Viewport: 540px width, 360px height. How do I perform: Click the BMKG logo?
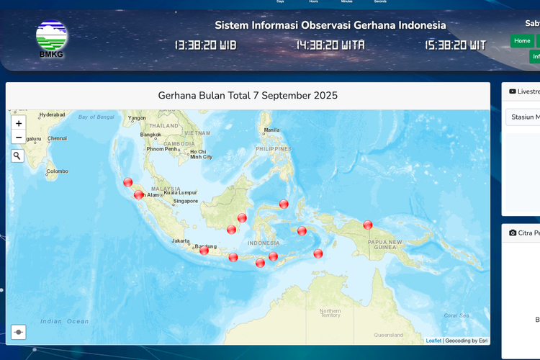(x=52, y=39)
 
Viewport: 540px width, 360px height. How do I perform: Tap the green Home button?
(x=522, y=41)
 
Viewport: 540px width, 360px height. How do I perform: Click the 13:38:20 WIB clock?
(x=205, y=45)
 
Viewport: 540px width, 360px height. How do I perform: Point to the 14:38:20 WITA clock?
(x=330, y=45)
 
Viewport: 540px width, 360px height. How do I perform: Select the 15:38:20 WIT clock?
(x=455, y=45)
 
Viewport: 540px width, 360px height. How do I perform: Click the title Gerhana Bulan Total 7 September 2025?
(x=248, y=96)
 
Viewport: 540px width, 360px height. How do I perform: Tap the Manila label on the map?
(x=271, y=130)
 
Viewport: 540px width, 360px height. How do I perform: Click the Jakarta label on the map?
(x=181, y=241)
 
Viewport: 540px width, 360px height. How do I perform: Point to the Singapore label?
(x=185, y=201)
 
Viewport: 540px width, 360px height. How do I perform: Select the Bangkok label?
(x=150, y=135)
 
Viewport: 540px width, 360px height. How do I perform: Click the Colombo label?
(x=58, y=171)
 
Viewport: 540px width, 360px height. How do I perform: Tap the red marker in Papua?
(x=368, y=225)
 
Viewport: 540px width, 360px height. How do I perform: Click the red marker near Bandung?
(x=204, y=250)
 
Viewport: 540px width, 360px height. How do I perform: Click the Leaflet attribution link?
(x=433, y=341)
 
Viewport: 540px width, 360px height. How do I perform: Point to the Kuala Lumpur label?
(x=180, y=193)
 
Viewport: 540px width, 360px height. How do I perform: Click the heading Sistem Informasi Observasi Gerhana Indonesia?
(x=330, y=25)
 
